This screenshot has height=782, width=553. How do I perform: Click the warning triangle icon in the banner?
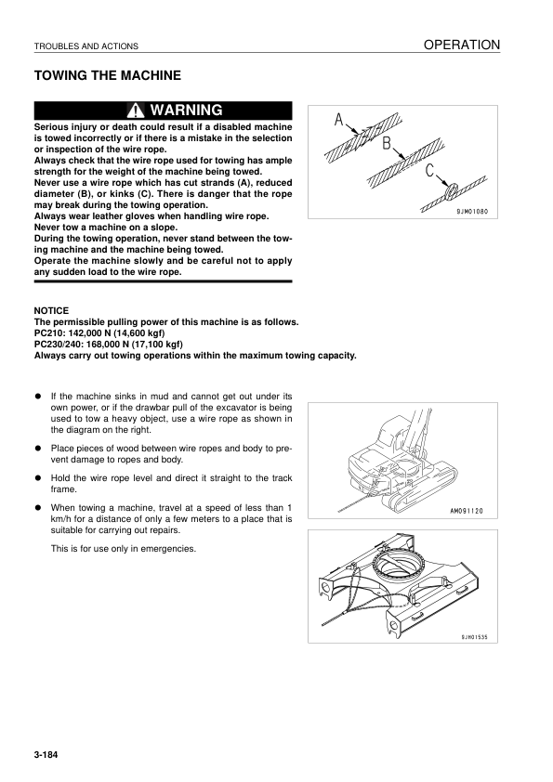pos(136,111)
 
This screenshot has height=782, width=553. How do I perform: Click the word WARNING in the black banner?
pos(186,110)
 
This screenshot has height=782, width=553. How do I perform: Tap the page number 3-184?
pos(46,754)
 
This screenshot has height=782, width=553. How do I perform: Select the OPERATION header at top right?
pos(462,45)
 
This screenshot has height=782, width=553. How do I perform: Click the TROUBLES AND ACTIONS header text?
pos(86,46)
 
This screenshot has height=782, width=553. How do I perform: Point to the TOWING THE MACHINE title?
pos(107,76)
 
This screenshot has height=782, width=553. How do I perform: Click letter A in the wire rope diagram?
pos(339,120)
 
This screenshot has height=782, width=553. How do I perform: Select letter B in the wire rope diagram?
pos(387,144)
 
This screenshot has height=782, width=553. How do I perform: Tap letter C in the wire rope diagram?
pos(430,171)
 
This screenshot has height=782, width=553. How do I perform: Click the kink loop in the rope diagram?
pos(453,189)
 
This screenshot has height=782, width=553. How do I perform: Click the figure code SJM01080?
pos(472,212)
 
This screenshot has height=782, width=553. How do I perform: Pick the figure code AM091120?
pos(467,511)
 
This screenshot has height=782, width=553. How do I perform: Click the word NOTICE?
pos(51,311)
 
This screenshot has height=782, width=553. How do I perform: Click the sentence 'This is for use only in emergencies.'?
pos(124,549)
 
